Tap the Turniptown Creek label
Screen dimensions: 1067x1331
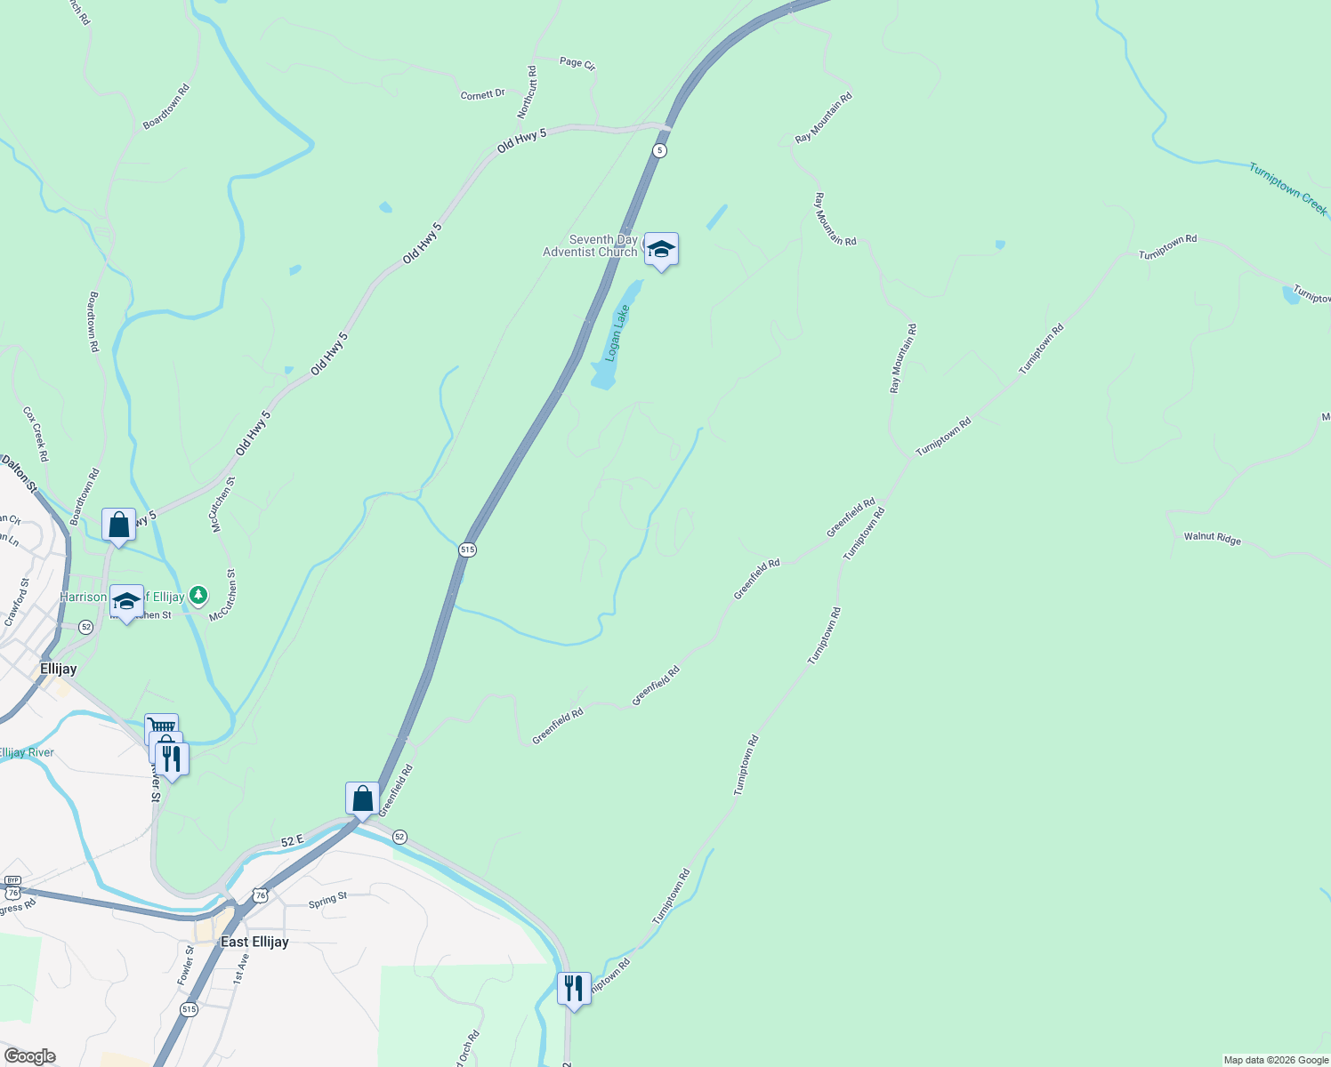pos(1287,189)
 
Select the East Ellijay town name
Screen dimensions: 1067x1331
pos(254,942)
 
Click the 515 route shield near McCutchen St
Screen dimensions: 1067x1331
pos(468,550)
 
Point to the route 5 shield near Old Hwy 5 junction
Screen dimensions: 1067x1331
pos(658,150)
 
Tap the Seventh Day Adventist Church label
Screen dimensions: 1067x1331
pos(591,245)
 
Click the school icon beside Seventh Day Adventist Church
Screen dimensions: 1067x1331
pos(661,250)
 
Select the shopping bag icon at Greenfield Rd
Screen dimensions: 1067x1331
pos(362,798)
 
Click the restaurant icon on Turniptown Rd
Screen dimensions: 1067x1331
pos(574,988)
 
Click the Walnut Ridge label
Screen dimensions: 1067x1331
pos(1212,537)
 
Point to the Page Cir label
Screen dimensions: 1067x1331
pos(577,63)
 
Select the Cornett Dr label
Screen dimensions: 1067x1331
pos(482,94)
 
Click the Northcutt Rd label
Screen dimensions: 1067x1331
pos(528,92)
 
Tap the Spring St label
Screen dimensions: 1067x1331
pos(327,901)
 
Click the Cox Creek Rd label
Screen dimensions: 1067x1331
pos(36,434)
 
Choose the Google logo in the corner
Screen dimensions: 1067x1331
pos(29,1055)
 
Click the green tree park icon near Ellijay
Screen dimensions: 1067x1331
pos(198,594)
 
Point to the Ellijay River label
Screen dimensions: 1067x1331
pos(27,752)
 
